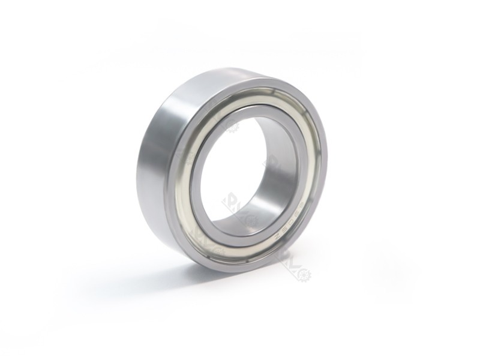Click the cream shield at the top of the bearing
point(252,100)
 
